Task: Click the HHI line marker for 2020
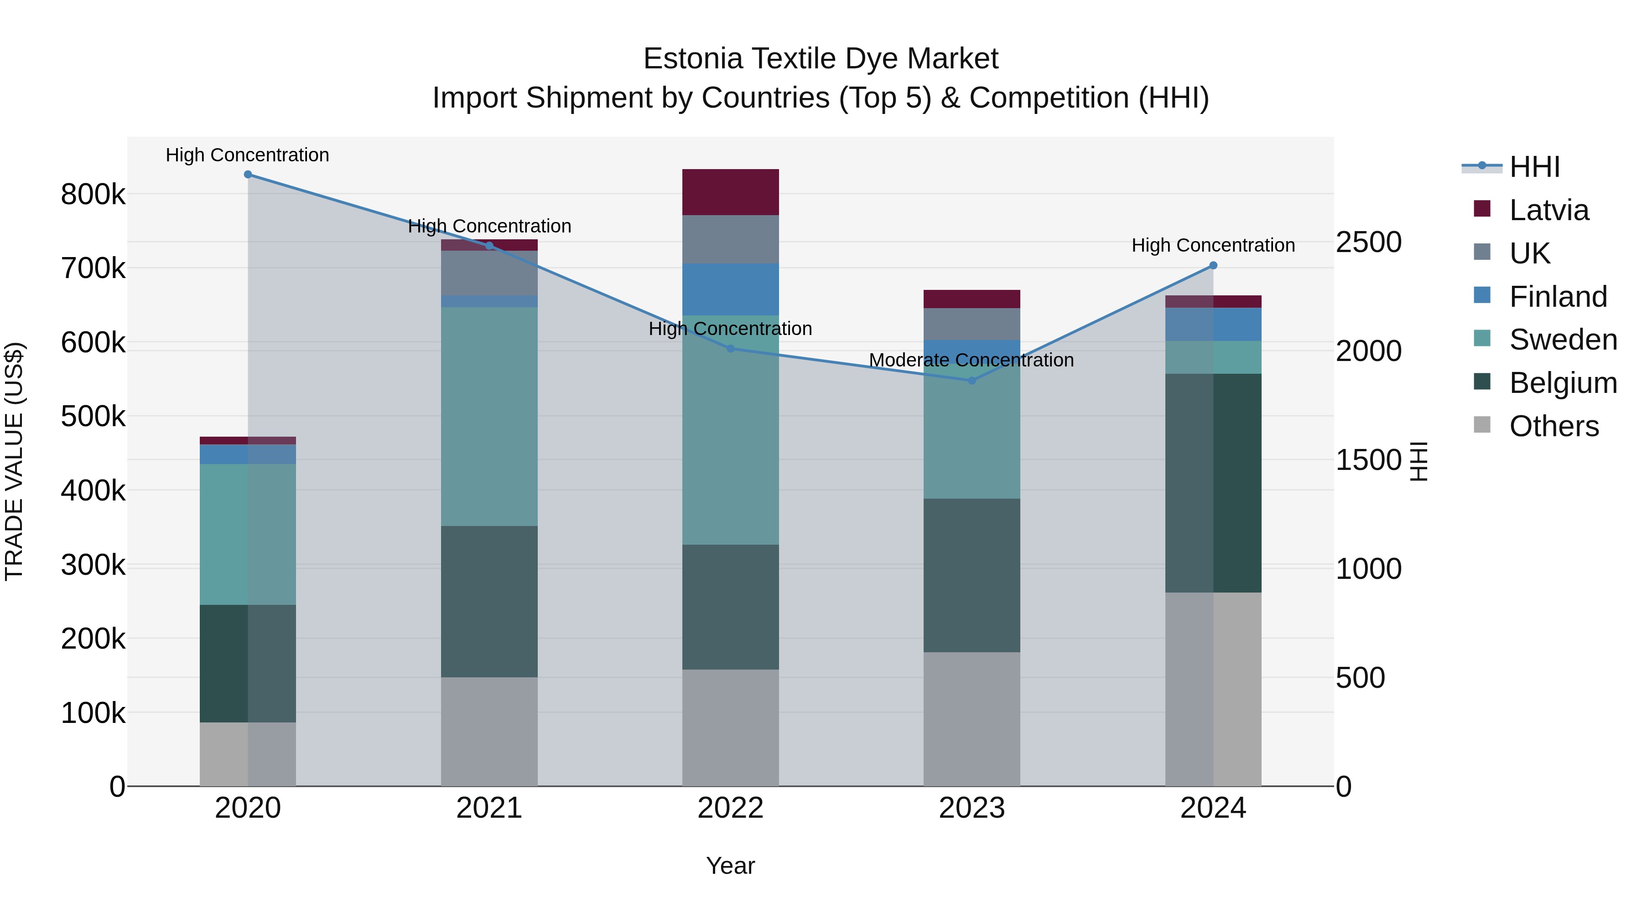248,175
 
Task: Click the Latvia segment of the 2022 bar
731,192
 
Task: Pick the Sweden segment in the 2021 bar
489,417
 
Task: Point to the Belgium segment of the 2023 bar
972,575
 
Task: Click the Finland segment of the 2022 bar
731,289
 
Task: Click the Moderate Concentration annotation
972,361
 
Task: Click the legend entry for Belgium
1562,383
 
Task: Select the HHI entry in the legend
1534,167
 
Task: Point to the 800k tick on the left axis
93,194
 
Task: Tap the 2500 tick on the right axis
1368,242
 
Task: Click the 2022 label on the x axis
731,808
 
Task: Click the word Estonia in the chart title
693,59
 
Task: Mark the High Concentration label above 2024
1213,246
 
